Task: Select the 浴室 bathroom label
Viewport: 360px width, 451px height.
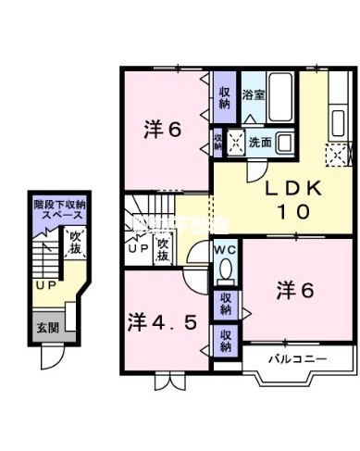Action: (253, 94)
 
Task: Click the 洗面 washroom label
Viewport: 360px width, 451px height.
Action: (259, 143)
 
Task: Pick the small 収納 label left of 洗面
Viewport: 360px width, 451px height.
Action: (218, 142)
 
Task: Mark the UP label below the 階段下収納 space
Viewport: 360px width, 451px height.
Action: (43, 285)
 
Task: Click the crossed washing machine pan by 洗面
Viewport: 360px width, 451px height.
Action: (235, 144)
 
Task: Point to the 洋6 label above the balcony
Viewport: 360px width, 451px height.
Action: (295, 289)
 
